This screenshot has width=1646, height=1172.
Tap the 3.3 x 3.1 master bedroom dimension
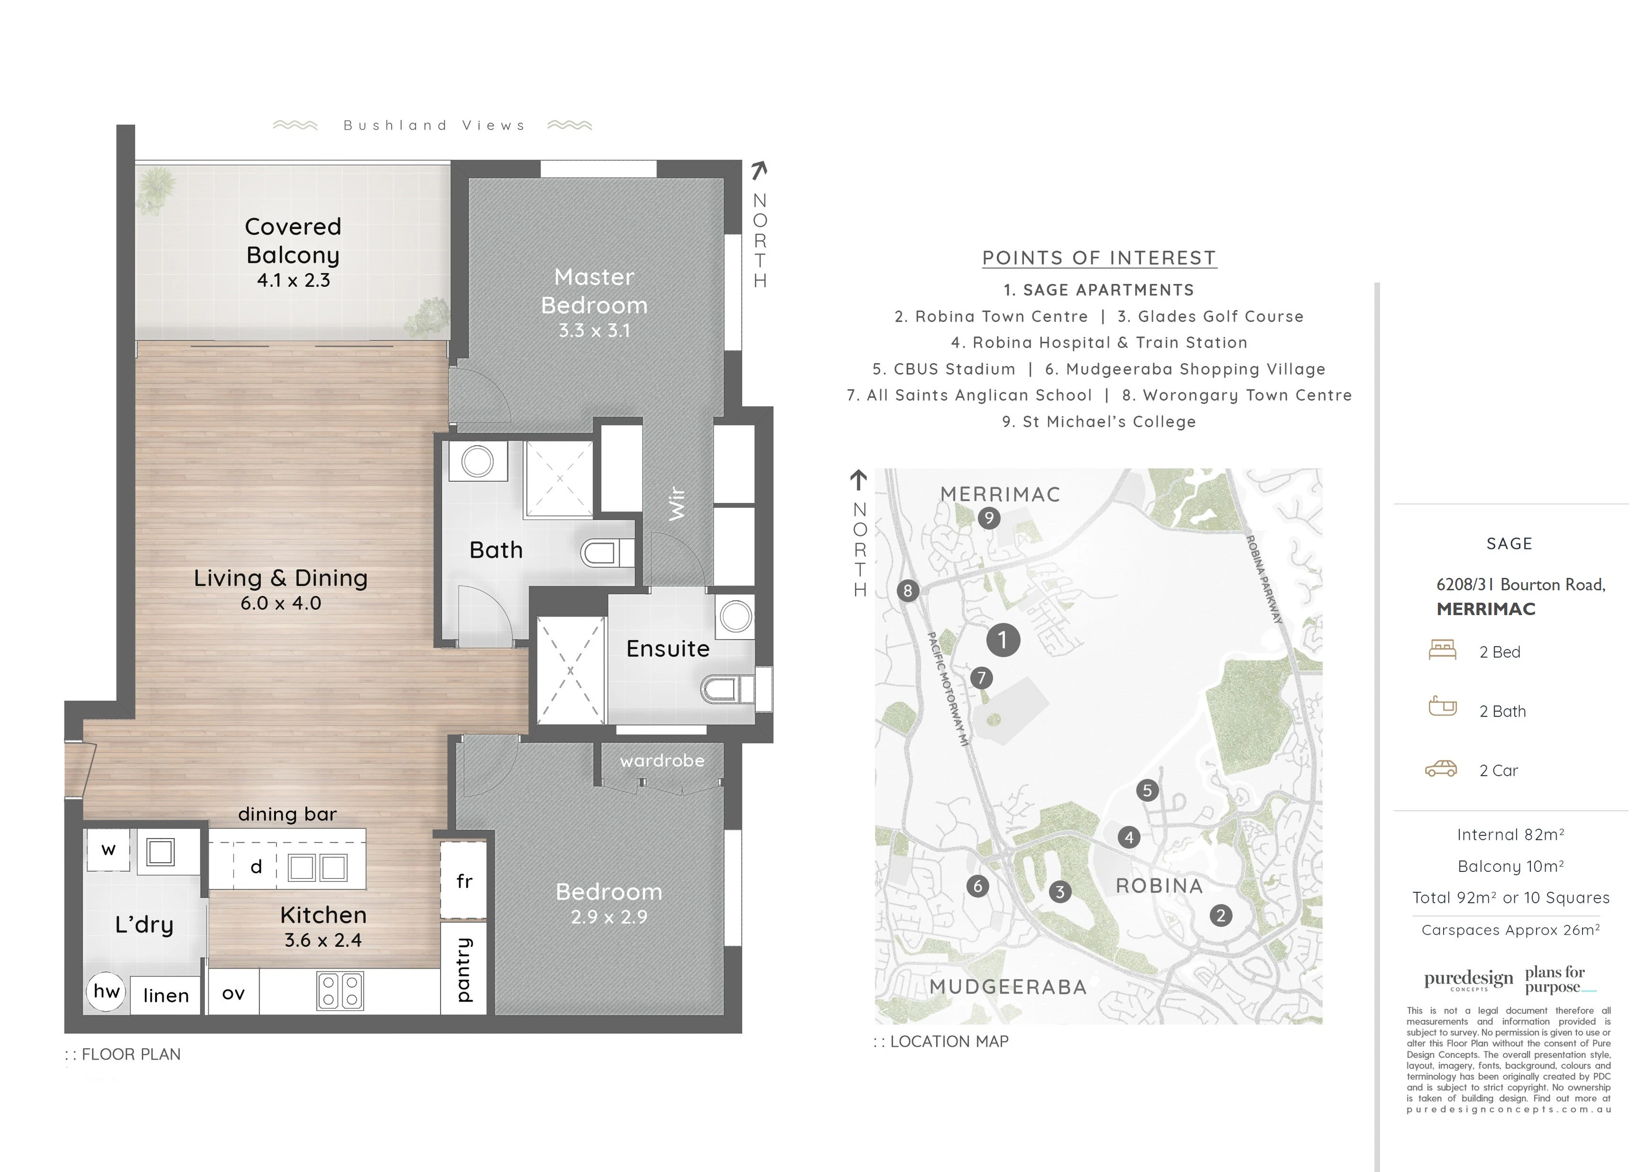[594, 331]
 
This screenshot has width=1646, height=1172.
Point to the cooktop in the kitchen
[340, 991]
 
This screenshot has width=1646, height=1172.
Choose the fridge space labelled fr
[464, 880]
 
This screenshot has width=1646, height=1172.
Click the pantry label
[464, 969]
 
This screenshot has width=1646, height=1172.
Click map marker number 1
[1003, 639]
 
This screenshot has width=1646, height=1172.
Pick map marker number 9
[989, 517]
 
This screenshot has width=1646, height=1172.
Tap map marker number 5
[1147, 790]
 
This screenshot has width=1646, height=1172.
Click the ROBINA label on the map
[1159, 886]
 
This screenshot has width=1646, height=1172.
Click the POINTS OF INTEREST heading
[1099, 258]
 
